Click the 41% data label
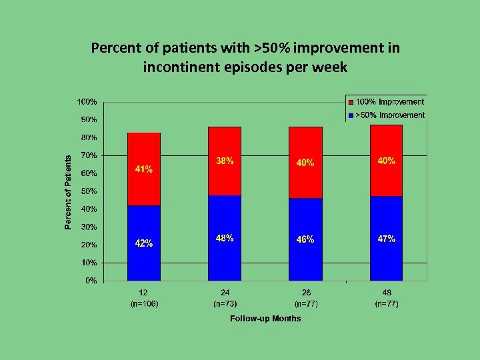point(144,169)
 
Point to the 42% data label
point(144,243)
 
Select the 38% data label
point(225,161)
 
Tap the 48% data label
point(225,239)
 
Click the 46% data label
point(305,239)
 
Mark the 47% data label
point(387,239)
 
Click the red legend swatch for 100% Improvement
point(350,102)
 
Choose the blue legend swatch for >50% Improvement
point(350,115)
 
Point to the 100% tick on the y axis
point(87,102)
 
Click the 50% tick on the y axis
point(88,191)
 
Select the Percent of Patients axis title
point(68,193)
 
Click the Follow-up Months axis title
point(265,319)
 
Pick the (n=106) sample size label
point(144,304)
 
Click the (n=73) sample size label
point(225,304)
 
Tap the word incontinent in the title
point(176,67)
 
